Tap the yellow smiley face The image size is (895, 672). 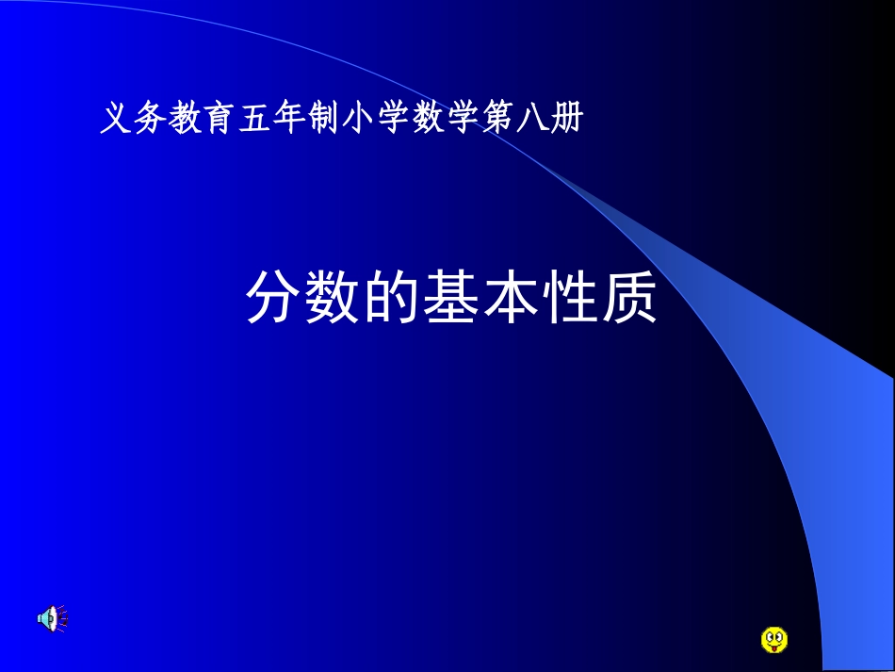[773, 640]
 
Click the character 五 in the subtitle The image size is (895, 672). [254, 120]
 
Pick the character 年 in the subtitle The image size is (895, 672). [289, 120]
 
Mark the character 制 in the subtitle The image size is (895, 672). [324, 120]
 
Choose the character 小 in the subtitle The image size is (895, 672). [359, 120]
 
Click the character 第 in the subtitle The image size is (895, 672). [498, 120]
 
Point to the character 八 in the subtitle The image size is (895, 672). [533, 120]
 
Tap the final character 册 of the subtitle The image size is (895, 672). [568, 120]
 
